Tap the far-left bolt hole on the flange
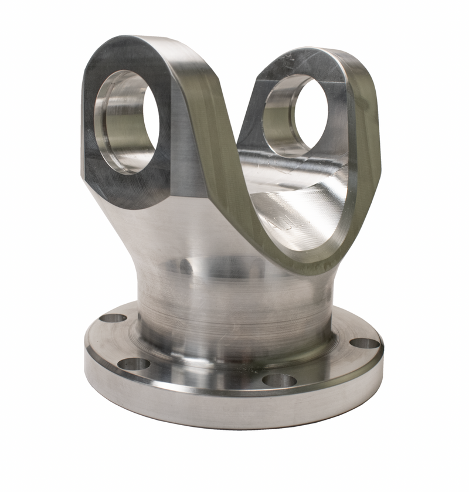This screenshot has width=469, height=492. coord(113,318)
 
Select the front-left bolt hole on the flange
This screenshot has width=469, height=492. coord(134,364)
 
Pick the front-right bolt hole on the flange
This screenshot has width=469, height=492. coord(279,380)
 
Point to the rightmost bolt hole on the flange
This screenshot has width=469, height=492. coord(364,343)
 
